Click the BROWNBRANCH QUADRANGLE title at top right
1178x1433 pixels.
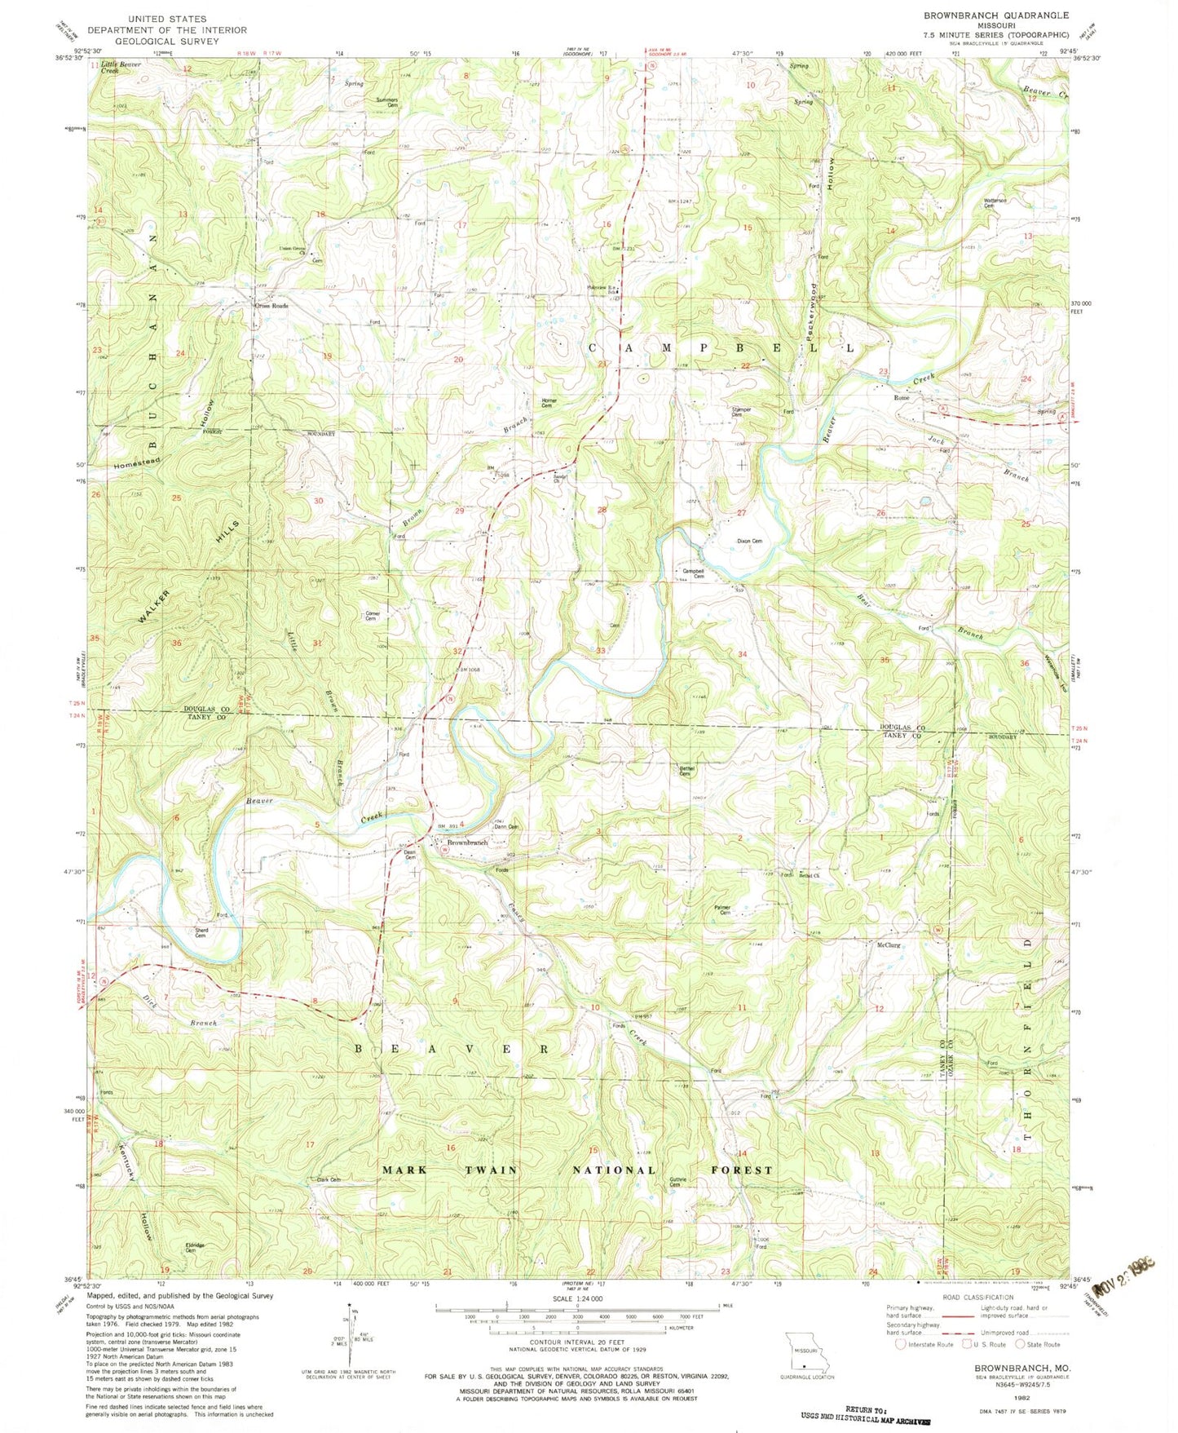click(x=984, y=15)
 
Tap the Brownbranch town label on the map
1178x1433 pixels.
click(x=466, y=842)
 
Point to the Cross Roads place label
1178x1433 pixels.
click(x=271, y=307)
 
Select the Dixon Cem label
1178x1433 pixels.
click(x=749, y=541)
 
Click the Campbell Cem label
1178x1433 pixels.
click(x=693, y=573)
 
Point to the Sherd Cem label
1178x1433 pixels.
click(x=201, y=932)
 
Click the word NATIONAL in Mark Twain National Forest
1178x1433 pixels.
click(x=613, y=1170)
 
